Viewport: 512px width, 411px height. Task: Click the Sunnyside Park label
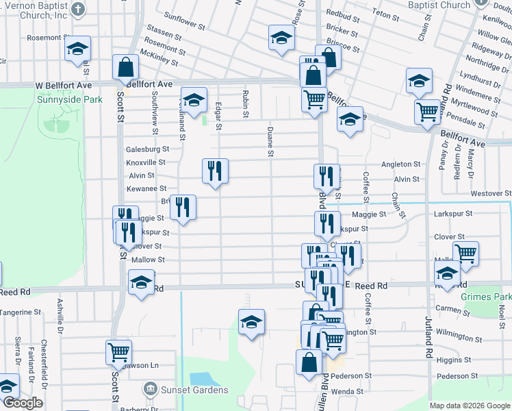click(x=69, y=99)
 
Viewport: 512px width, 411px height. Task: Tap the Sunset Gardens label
click(x=195, y=390)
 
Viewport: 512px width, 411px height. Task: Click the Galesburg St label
click(x=147, y=149)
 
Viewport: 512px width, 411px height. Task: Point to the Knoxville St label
click(x=146, y=162)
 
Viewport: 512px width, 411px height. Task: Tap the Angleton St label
click(x=400, y=164)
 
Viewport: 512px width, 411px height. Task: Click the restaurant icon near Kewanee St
click(x=215, y=171)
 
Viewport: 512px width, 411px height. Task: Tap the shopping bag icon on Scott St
click(x=126, y=67)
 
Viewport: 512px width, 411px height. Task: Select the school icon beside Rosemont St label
click(x=78, y=49)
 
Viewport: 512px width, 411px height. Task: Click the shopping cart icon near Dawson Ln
click(x=118, y=352)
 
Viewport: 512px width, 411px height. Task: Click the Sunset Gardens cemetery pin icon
click(x=150, y=390)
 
